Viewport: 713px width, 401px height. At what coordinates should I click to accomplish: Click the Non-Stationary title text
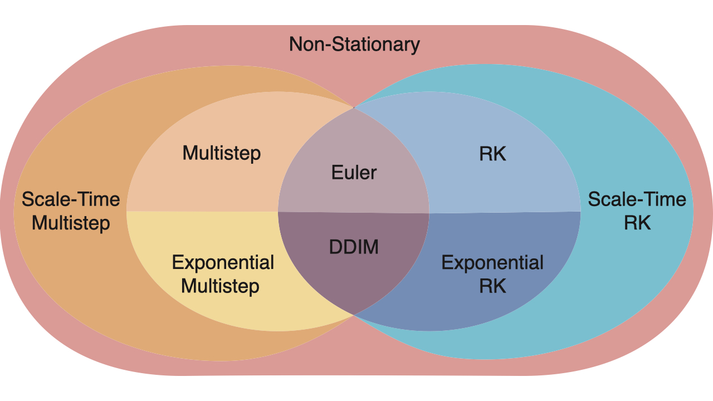[354, 45]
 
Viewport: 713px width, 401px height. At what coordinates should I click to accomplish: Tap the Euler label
[354, 173]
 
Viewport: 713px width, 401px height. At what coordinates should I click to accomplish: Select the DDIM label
[354, 247]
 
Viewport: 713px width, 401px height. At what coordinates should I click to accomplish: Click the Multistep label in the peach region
[222, 154]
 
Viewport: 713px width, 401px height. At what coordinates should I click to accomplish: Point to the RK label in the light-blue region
[492, 154]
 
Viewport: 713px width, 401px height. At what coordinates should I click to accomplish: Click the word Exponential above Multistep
[223, 263]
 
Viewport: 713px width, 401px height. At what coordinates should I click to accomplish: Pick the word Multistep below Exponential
[220, 286]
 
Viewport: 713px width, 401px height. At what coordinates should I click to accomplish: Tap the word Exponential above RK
[492, 263]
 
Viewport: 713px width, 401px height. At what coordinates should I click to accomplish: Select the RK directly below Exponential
[492, 286]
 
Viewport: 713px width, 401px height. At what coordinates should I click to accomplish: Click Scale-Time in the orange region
[71, 199]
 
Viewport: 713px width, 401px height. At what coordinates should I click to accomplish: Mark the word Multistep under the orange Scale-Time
[71, 223]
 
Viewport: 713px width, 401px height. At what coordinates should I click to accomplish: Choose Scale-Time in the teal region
[637, 199]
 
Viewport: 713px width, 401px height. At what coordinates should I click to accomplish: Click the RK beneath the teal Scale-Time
[637, 222]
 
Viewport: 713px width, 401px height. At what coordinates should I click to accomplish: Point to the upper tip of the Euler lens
[354, 107]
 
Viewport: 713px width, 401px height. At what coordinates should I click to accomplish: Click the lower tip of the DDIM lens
[354, 315]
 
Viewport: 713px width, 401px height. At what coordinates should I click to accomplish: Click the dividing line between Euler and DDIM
[354, 213]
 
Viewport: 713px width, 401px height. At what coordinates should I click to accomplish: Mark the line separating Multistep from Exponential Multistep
[202, 211]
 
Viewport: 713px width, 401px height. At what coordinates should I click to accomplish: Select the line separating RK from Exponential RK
[505, 212]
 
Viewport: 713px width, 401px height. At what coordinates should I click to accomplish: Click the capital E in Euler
[337, 173]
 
